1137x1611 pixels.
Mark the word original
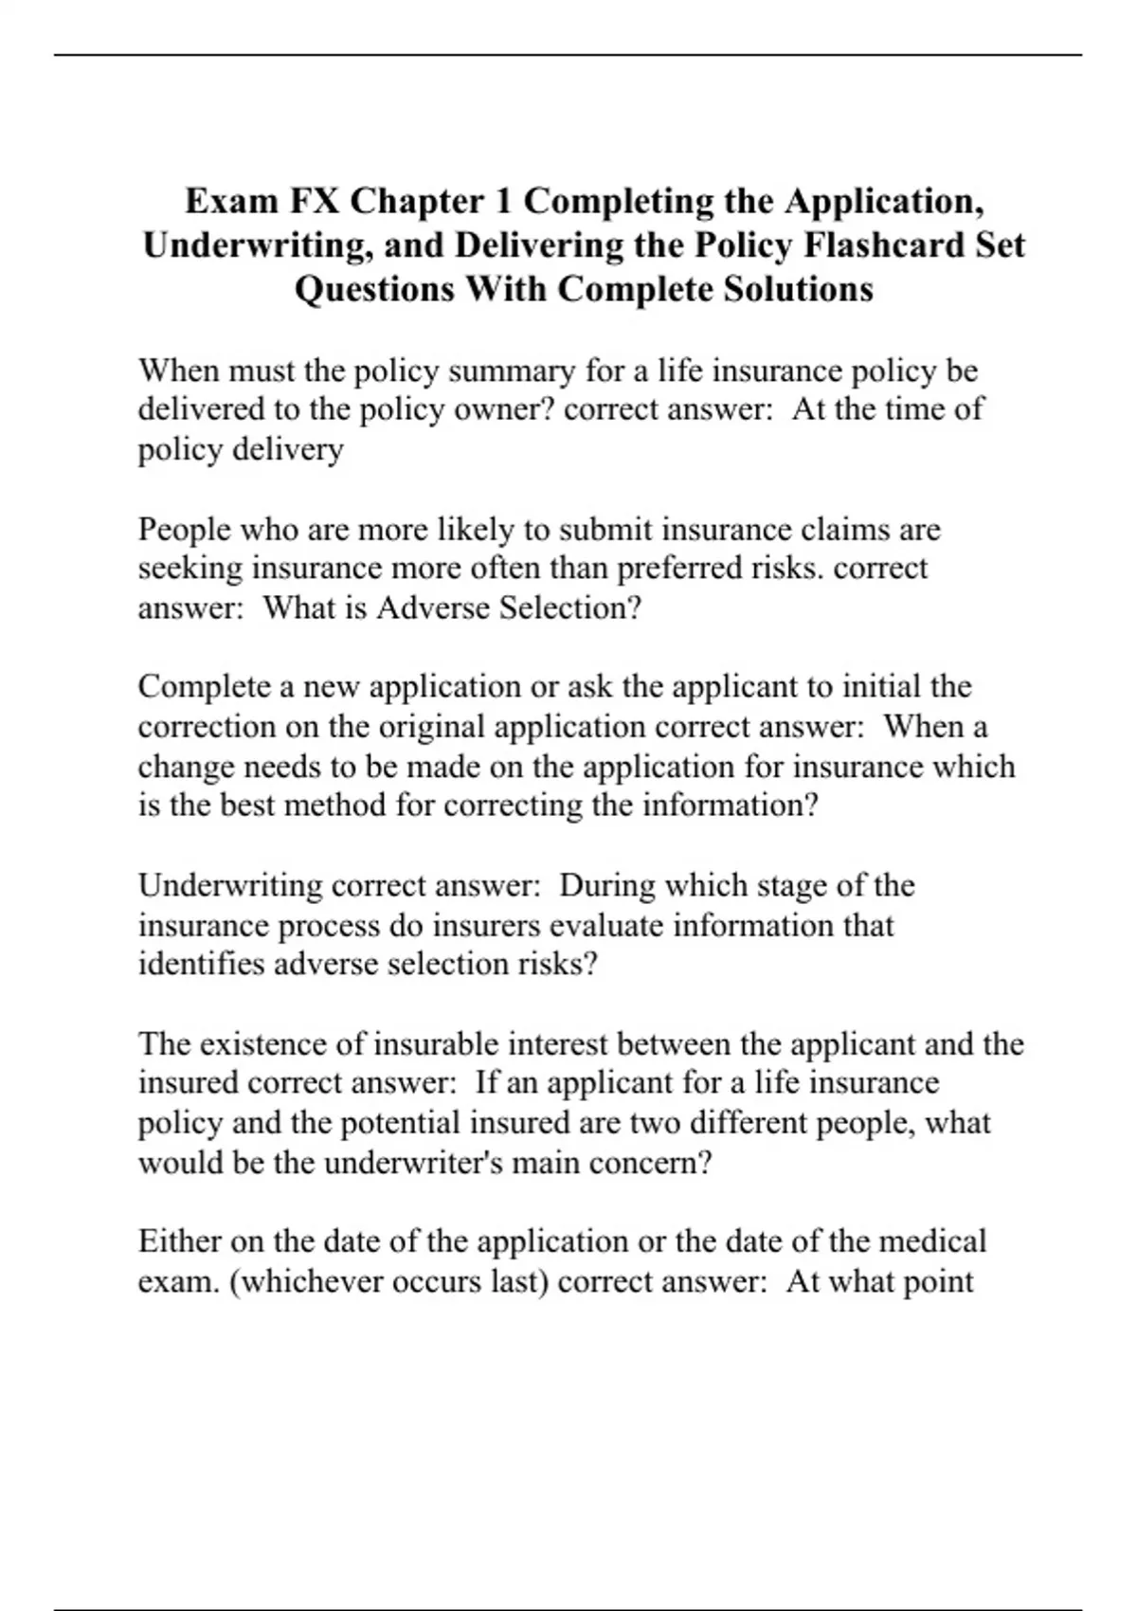(433, 727)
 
